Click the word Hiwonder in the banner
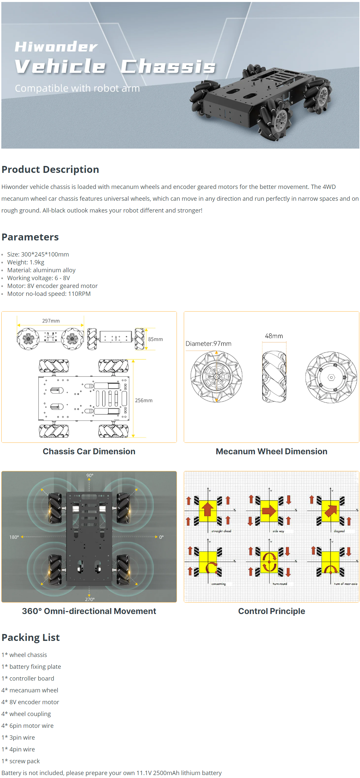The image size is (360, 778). click(56, 47)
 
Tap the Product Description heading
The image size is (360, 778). click(50, 169)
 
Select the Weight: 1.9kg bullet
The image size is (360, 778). click(26, 262)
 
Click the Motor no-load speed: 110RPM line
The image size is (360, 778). click(49, 294)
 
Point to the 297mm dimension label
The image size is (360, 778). click(51, 321)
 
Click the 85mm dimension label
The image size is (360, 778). click(155, 339)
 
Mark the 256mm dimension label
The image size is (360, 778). click(144, 400)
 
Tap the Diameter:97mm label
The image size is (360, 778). click(208, 343)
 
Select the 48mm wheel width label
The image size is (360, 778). click(274, 336)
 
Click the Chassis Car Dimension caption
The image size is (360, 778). click(89, 451)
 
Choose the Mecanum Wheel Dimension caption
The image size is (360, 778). click(271, 451)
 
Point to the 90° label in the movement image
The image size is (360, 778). click(90, 475)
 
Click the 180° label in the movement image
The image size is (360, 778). click(14, 537)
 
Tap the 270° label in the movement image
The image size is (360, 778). click(90, 599)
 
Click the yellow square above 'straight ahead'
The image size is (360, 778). click(208, 510)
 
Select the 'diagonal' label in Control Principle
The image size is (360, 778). click(339, 531)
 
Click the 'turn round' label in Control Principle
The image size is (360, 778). click(280, 584)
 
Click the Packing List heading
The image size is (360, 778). click(31, 637)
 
